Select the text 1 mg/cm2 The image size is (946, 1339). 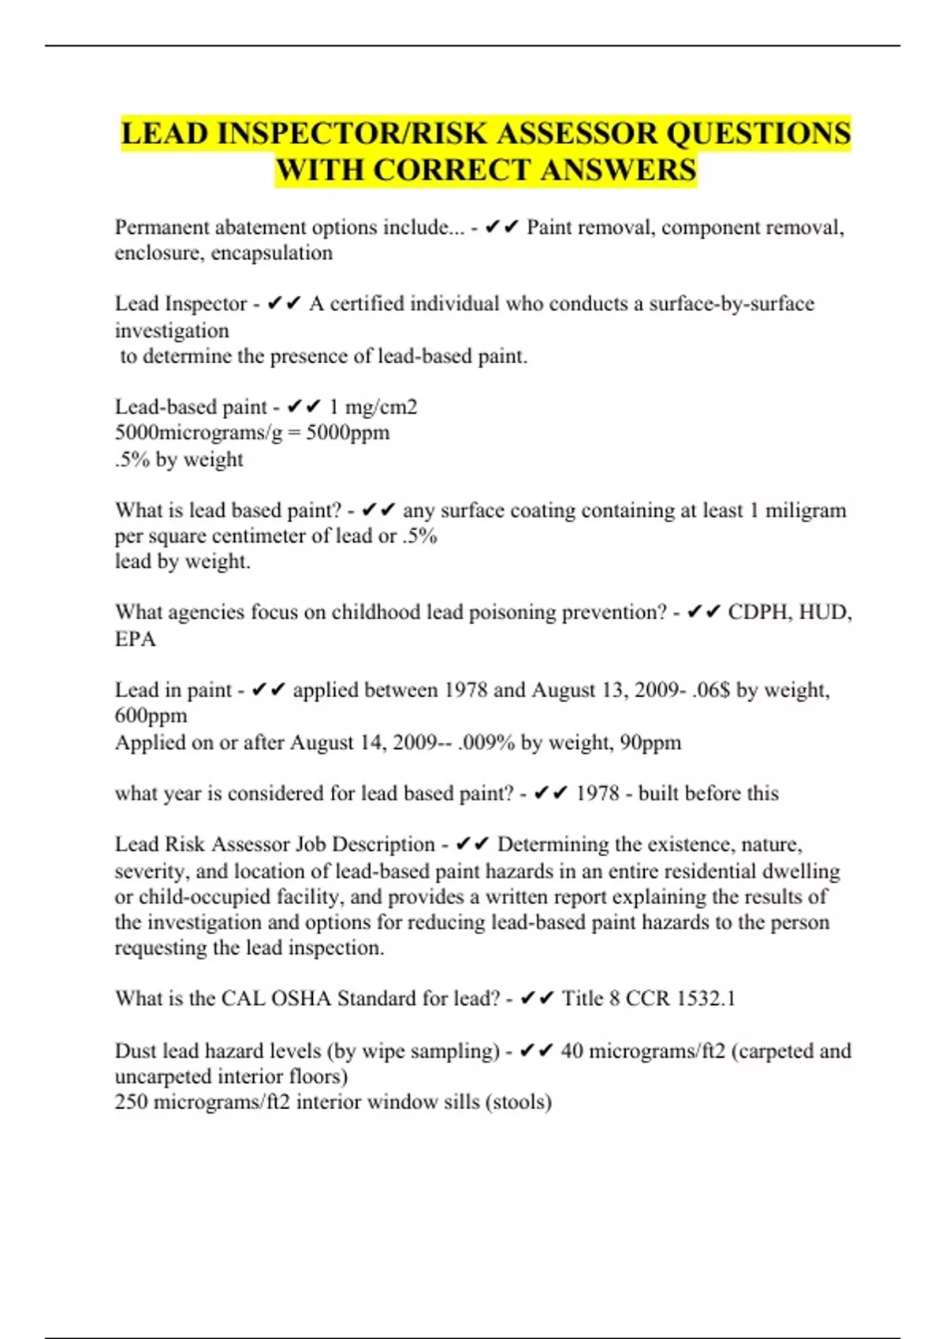click(373, 407)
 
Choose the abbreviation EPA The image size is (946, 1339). click(136, 639)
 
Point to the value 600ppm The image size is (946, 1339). click(151, 716)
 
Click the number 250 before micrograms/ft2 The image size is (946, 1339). click(131, 1102)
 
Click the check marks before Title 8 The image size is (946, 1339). click(538, 999)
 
